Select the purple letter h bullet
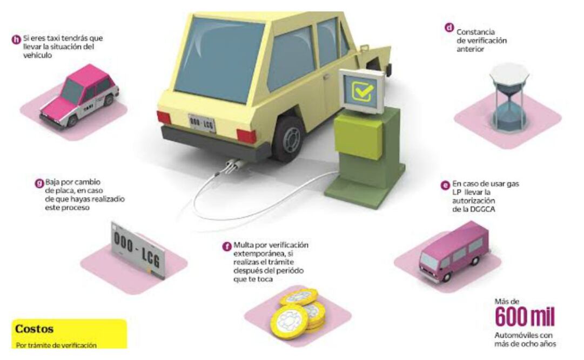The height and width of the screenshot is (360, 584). point(17,39)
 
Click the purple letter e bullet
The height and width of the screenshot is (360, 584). point(446,185)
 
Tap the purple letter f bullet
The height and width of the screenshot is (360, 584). point(227,246)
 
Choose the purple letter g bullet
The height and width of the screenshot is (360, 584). point(39,183)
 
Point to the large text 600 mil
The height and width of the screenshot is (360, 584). point(525,317)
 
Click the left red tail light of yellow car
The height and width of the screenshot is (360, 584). point(164,118)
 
